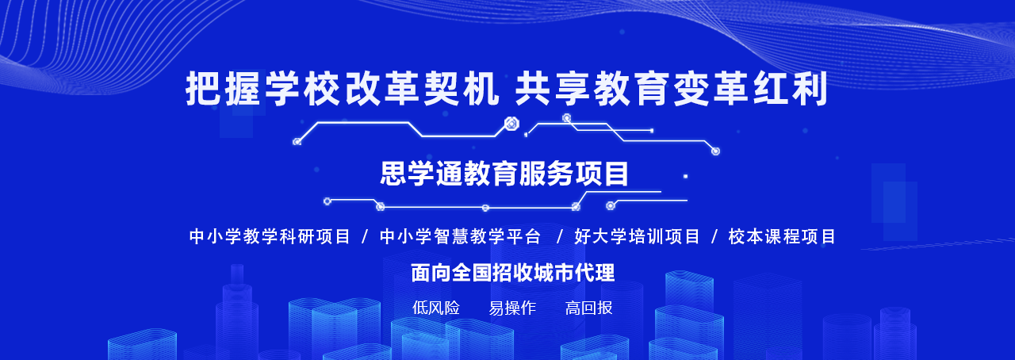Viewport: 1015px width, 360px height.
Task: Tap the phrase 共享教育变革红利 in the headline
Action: tap(672, 88)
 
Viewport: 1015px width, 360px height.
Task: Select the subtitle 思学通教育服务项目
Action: tap(504, 173)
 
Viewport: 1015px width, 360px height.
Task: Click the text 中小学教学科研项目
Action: tap(270, 236)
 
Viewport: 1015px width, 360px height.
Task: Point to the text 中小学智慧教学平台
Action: tap(460, 236)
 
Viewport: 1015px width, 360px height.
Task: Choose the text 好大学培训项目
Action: tap(637, 236)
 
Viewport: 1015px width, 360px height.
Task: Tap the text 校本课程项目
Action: tap(782, 236)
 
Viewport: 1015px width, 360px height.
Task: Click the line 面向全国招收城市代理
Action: tap(513, 273)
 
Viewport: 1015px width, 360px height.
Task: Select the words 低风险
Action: tap(436, 308)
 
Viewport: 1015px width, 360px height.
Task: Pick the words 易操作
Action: tap(512, 308)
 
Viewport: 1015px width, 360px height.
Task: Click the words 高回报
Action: tap(588, 308)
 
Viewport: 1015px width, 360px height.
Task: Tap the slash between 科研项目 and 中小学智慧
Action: tap(365, 236)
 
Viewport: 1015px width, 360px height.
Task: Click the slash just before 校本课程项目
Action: tap(714, 236)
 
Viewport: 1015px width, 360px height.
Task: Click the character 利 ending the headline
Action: tap(811, 88)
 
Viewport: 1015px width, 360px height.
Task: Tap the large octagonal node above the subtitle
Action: tap(511, 124)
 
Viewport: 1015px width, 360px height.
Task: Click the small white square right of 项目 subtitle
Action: tap(686, 176)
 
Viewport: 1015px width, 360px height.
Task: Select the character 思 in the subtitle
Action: tap(393, 173)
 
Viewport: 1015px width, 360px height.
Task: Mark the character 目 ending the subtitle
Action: tap(616, 173)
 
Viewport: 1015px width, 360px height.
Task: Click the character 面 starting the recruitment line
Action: tap(421, 273)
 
